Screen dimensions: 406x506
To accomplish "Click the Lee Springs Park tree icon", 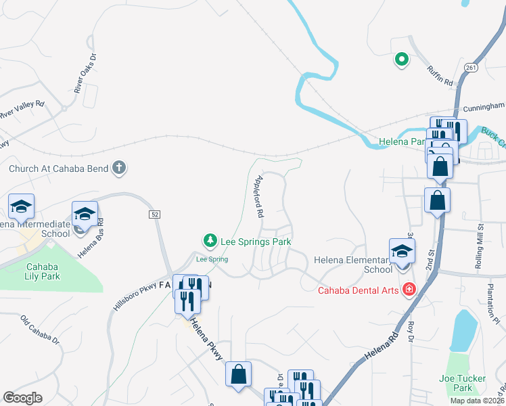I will click(x=210, y=240).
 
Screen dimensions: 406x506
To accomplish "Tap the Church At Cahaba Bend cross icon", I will click(x=119, y=168).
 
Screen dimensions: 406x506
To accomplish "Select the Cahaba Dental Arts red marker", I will click(x=409, y=290).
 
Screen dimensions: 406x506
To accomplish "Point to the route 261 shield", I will click(x=471, y=67).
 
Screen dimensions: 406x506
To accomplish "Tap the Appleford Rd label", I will click(x=258, y=196).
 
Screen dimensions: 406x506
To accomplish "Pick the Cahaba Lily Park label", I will click(x=43, y=271).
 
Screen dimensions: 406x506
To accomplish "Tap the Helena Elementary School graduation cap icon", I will click(x=402, y=250).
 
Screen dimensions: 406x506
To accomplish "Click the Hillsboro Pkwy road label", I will click(x=127, y=307).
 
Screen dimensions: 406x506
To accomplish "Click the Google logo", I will click(x=22, y=398).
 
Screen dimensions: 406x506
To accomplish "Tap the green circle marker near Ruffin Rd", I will click(x=401, y=60).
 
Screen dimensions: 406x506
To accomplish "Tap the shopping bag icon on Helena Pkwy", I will click(x=238, y=374).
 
